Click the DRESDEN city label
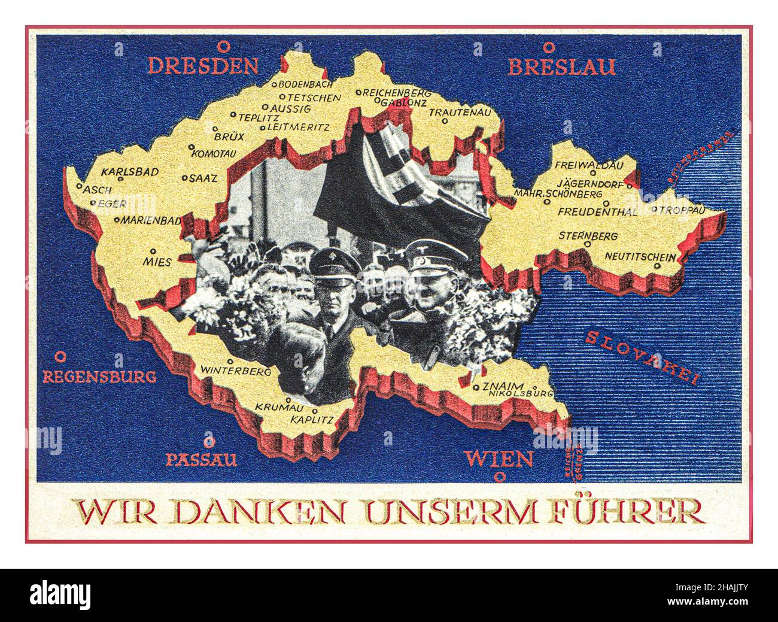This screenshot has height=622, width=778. click(x=203, y=65)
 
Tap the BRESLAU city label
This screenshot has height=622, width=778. click(x=561, y=66)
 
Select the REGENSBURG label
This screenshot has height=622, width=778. click(x=99, y=377)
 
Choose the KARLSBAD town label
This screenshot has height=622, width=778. click(x=130, y=172)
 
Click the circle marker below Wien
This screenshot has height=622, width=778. click(x=498, y=477)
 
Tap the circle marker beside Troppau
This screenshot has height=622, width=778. click(x=655, y=210)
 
